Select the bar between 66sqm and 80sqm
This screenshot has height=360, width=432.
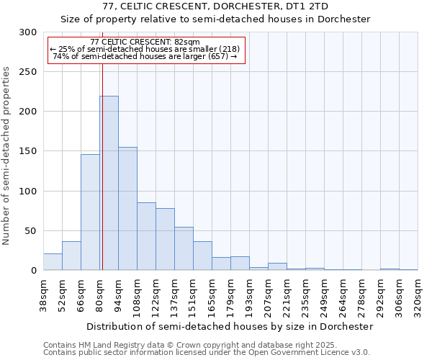tap(90, 212)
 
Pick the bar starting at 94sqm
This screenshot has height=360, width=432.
tap(127, 209)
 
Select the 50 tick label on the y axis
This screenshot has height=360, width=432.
tap(31, 231)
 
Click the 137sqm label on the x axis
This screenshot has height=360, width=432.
tap(175, 295)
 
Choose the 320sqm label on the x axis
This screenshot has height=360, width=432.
tap(418, 295)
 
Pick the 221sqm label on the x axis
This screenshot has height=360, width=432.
tap(287, 295)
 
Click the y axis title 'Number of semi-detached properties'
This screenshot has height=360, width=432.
tap(6, 156)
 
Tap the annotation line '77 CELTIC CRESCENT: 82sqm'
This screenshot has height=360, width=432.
tap(145, 42)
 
